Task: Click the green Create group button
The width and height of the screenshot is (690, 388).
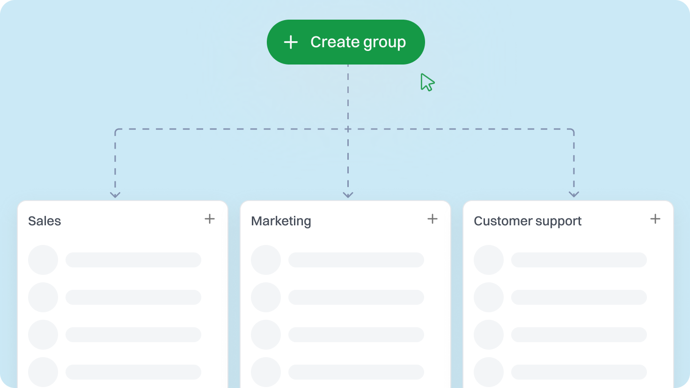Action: tap(345, 42)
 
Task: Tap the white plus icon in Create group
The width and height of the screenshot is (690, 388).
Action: tap(291, 42)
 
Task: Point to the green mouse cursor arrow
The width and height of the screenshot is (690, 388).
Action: tap(427, 82)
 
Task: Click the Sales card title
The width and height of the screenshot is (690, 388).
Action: tap(44, 221)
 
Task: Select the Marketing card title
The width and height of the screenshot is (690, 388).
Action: tap(281, 221)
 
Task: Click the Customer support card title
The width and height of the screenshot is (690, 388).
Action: tap(528, 221)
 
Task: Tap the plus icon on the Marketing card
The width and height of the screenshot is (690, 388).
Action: tap(433, 219)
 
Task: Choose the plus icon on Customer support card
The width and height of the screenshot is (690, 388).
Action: tap(655, 219)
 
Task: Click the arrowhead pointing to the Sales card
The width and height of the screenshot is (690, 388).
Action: tap(115, 195)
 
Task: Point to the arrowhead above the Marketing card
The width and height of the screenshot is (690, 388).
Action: tap(348, 195)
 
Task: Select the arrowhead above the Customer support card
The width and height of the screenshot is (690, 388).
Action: tap(574, 194)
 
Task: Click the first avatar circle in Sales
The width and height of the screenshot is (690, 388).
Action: tap(43, 260)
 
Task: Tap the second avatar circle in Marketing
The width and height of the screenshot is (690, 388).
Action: tap(266, 297)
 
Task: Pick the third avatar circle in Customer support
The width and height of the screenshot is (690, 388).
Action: tap(489, 335)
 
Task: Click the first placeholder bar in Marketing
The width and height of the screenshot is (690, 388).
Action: tap(356, 260)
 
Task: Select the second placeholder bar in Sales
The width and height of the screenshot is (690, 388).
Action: tap(133, 297)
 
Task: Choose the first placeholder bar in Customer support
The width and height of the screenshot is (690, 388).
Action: tap(579, 260)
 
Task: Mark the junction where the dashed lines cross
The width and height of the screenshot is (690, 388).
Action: tap(348, 129)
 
